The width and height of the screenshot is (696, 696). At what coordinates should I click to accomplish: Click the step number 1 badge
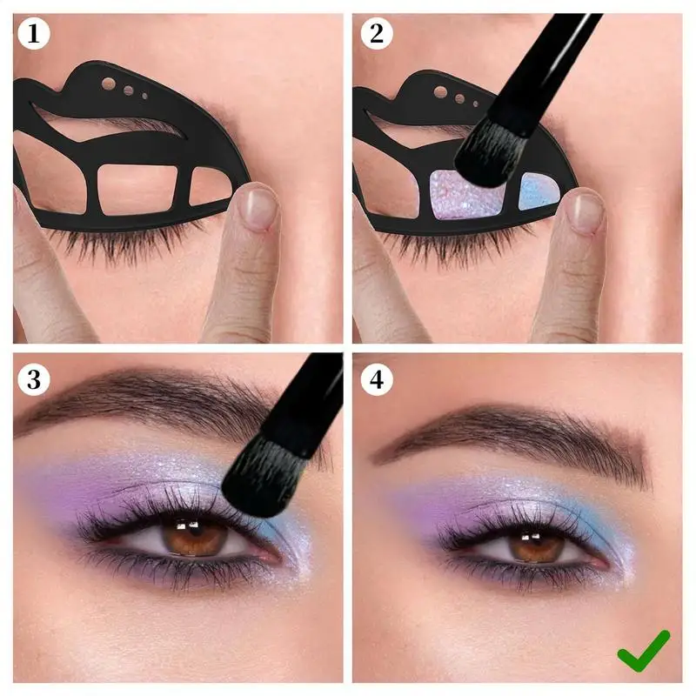pos(33,33)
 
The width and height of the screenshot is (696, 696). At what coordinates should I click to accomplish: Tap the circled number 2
pos(375,33)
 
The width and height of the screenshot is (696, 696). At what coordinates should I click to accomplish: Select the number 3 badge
pos(33,379)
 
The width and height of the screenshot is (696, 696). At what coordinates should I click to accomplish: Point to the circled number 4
pos(376,379)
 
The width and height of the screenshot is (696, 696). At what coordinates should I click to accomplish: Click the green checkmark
pos(644,651)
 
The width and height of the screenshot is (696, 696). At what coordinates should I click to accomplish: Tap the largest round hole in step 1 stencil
pos(109,85)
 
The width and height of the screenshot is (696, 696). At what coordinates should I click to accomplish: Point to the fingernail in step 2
pos(586,211)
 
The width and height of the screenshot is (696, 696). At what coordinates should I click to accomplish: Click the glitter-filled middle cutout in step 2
pos(466,196)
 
